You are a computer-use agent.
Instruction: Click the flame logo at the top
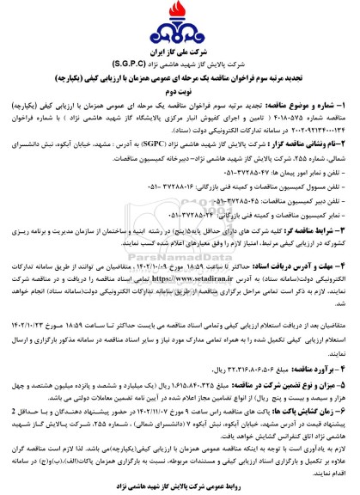tap(180, 16)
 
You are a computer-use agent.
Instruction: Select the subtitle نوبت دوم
tap(180, 82)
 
